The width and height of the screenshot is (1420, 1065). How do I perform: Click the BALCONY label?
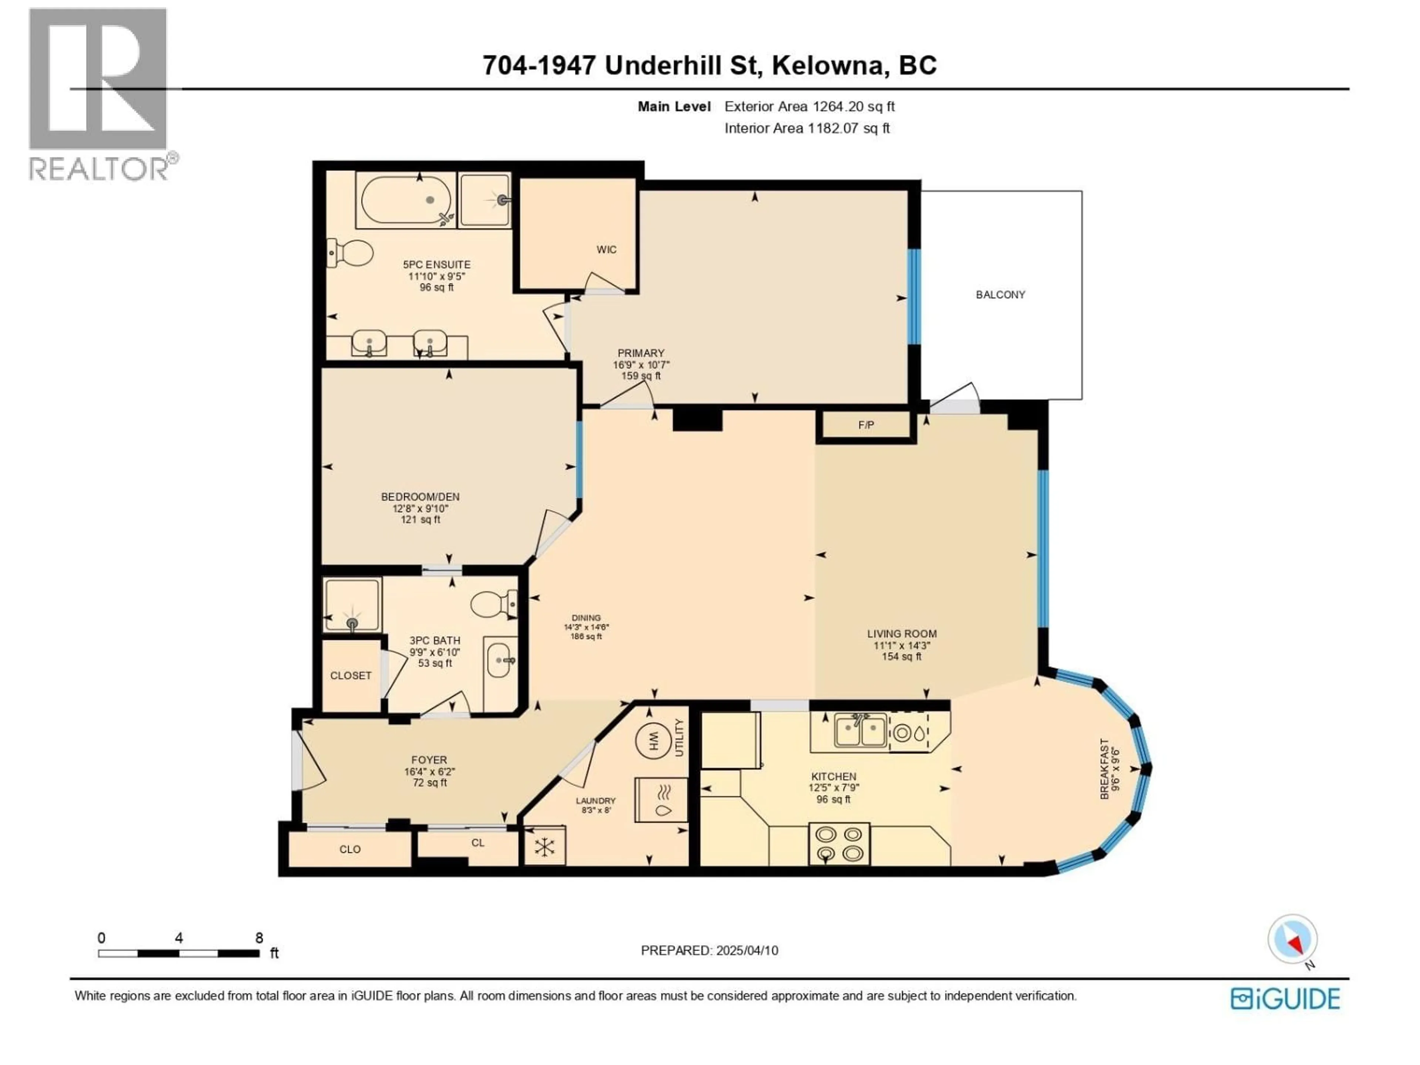[x=1000, y=295]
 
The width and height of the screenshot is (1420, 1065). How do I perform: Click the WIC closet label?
[x=606, y=250]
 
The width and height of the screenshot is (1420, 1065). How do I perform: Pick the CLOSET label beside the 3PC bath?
[x=351, y=675]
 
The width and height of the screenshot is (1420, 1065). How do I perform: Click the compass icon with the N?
[x=1292, y=939]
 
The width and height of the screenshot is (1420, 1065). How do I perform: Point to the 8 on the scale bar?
[x=259, y=938]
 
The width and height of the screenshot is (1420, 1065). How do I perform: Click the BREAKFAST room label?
[x=1104, y=769]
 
